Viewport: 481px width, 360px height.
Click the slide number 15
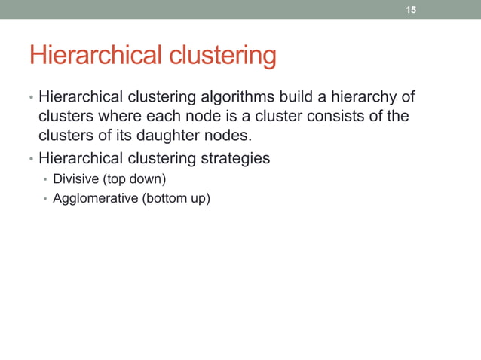pos(411,10)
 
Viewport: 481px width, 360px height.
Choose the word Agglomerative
pos(94,199)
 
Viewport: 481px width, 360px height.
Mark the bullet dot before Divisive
pos(45,180)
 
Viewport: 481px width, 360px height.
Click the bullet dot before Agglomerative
pos(45,200)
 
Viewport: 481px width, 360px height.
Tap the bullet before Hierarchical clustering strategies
pos(30,160)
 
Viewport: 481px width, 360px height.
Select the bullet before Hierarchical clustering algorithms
pos(30,99)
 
